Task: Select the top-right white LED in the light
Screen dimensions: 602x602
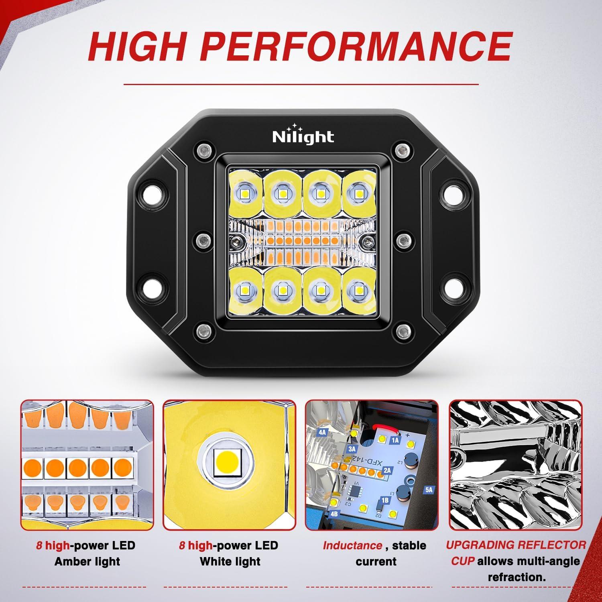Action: click(x=358, y=193)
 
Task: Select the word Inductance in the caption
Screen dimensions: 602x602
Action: click(x=352, y=545)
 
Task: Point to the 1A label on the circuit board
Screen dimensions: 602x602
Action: click(x=395, y=440)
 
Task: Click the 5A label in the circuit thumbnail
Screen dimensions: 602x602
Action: click(x=429, y=490)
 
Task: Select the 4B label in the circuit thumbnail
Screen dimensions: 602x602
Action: click(x=334, y=513)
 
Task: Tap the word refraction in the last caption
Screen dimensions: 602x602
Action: click(x=517, y=578)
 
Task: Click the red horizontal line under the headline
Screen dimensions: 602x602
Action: click(x=301, y=84)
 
